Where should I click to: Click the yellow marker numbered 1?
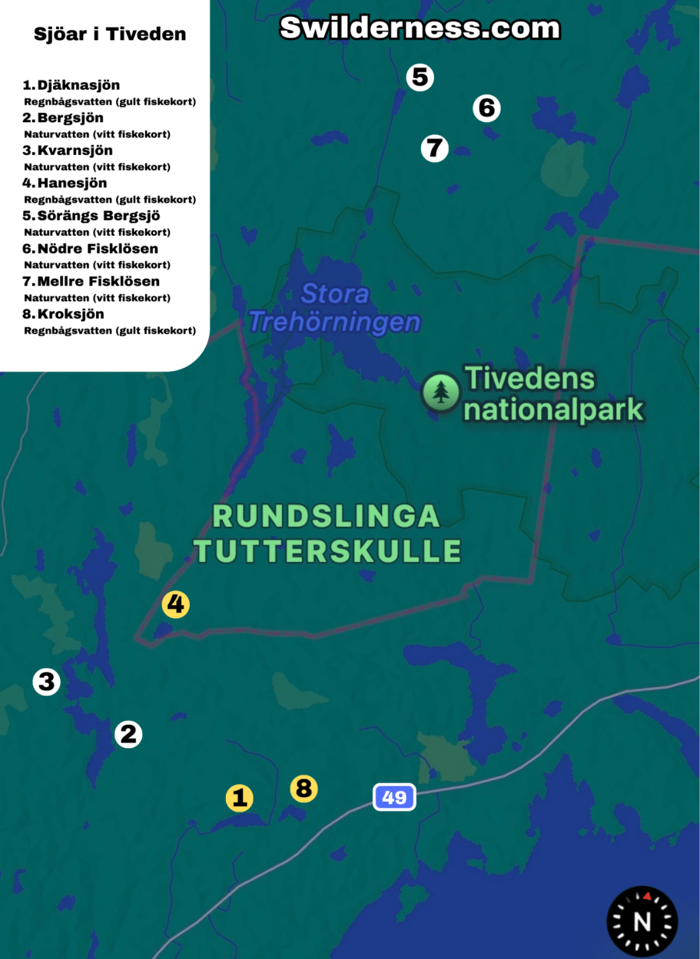click(239, 798)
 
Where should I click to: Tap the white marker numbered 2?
click(128, 735)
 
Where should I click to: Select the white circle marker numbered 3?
click(46, 682)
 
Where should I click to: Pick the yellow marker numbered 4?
click(176, 604)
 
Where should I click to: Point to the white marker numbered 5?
click(420, 77)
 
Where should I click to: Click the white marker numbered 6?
click(486, 108)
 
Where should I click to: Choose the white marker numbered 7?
click(434, 147)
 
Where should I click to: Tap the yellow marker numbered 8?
click(304, 788)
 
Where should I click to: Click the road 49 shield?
click(394, 797)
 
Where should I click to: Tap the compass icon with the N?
click(642, 921)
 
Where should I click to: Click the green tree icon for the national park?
click(440, 392)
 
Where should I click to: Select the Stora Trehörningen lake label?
click(335, 308)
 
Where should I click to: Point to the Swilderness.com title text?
click(420, 28)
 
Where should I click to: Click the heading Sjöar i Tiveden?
click(110, 35)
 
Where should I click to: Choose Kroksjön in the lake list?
click(70, 314)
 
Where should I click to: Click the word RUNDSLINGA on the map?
click(326, 517)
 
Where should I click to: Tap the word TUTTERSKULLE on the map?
click(327, 551)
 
